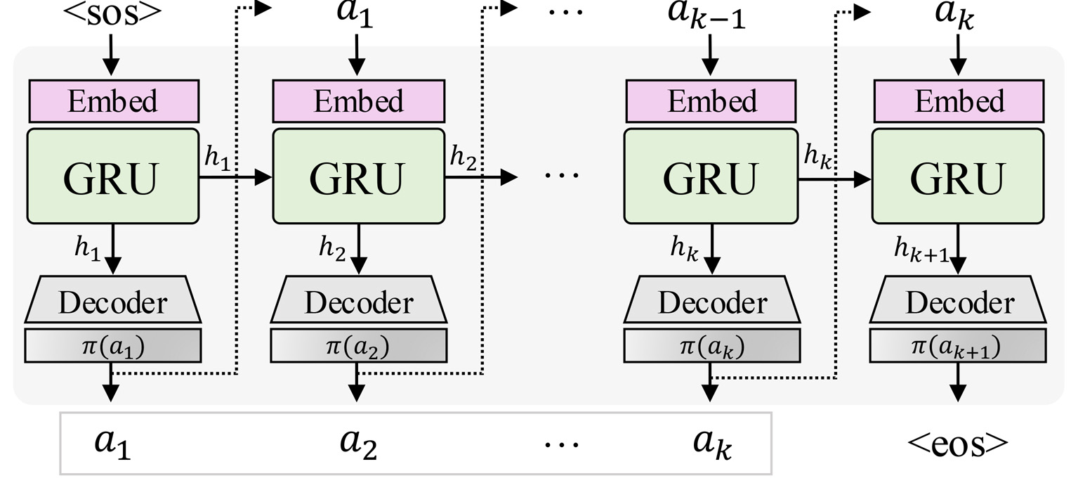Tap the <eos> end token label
coord(959,442)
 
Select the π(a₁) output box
coord(112,345)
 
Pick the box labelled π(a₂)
coord(358,345)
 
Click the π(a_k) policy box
coord(711,345)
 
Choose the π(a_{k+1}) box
coord(959,345)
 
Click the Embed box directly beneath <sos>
coord(112,101)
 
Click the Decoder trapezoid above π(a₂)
coord(358,303)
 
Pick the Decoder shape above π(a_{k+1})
coord(959,303)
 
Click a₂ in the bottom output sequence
coord(358,444)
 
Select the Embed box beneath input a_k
coord(959,101)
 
